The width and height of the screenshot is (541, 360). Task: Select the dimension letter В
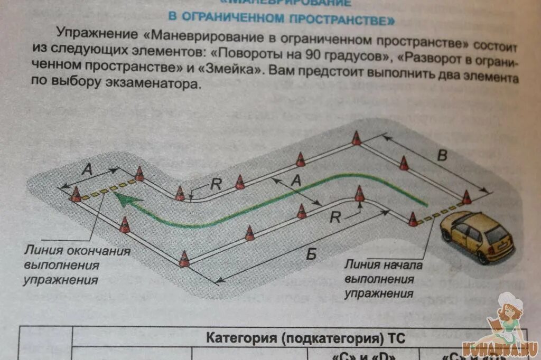[443, 155]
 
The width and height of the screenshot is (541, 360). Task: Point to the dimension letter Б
[311, 254]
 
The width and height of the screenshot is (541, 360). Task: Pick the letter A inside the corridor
[296, 181]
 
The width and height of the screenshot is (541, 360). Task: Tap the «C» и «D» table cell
[359, 355]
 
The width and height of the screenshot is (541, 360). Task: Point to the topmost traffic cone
[357, 138]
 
